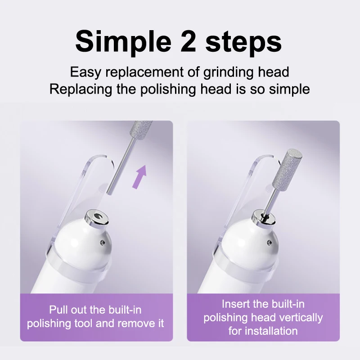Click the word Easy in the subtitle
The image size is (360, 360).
pos(85,72)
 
